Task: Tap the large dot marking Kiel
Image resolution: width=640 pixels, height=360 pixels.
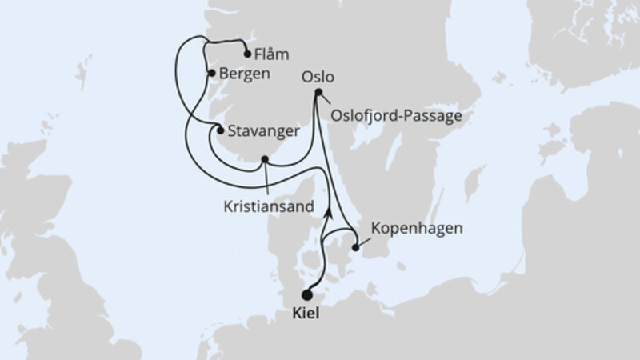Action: pyautogui.click(x=306, y=295)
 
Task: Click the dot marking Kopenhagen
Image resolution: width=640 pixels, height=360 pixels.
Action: pyautogui.click(x=356, y=249)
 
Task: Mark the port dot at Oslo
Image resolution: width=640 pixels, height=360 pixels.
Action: pyautogui.click(x=318, y=93)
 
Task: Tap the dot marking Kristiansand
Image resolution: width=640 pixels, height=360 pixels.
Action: pyautogui.click(x=265, y=159)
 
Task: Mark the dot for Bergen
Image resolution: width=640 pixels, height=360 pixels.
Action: pyautogui.click(x=211, y=73)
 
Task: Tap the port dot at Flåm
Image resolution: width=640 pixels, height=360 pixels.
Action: pyautogui.click(x=246, y=55)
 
